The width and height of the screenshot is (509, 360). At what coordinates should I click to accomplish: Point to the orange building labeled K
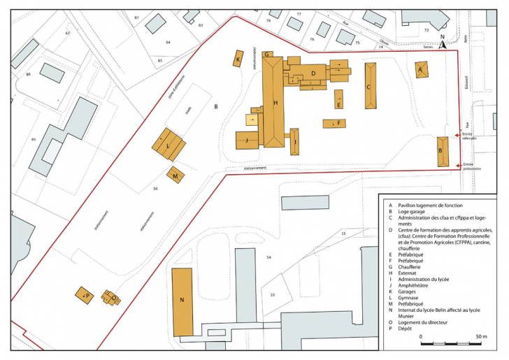(238, 61)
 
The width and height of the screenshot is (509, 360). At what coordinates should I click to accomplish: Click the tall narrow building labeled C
(370, 86)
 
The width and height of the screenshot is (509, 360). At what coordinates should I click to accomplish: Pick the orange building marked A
(421, 70)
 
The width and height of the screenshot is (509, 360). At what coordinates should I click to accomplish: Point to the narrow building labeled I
(294, 141)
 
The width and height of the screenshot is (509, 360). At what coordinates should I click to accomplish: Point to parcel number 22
(273, 295)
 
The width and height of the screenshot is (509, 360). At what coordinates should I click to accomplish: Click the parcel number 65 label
(33, 140)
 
